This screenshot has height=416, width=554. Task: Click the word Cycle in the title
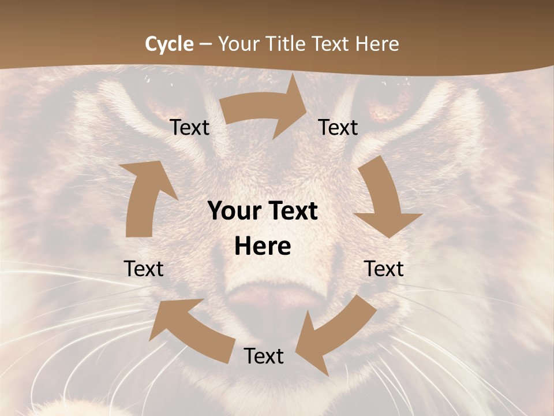pos(169,44)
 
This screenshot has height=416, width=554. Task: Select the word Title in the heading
pos(286,44)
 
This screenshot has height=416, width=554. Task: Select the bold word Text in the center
pos(290,211)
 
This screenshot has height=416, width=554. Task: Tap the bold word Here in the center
pos(263,247)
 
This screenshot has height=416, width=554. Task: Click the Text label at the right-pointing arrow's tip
pos(338,127)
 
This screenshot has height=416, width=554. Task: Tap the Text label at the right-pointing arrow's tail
pos(190,127)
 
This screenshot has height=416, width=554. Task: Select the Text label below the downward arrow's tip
pos(384,269)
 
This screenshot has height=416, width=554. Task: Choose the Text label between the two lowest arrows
pos(264,356)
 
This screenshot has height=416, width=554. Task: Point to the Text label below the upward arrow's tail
pos(144,269)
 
